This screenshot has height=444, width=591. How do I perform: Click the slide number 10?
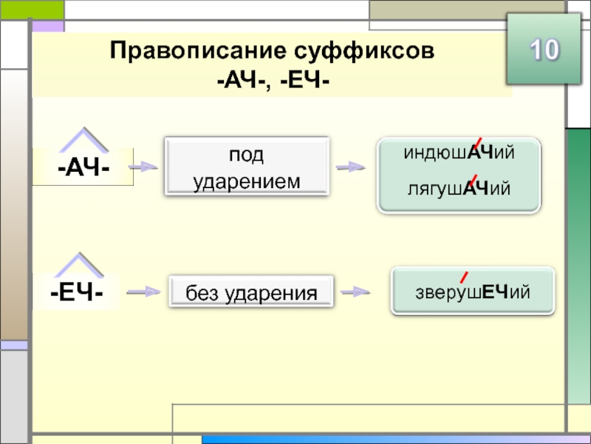(x=544, y=50)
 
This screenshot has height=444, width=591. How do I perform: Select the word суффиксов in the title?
(x=364, y=50)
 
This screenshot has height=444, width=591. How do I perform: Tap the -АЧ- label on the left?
(x=83, y=167)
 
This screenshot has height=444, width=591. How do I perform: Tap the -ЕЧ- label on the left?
(x=77, y=292)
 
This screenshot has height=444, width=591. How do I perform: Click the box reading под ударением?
(x=247, y=166)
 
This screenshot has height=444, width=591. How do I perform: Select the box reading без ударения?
(x=251, y=291)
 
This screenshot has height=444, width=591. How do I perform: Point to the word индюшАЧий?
(x=459, y=152)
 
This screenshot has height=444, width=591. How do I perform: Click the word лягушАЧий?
(x=459, y=188)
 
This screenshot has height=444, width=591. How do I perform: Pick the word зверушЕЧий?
(x=473, y=292)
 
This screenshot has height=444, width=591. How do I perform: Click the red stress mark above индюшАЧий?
(x=477, y=144)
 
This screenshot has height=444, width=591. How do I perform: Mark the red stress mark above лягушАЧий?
(x=473, y=181)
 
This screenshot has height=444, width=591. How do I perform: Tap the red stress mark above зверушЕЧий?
(x=464, y=277)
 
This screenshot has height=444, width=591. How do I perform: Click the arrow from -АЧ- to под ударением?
(x=143, y=166)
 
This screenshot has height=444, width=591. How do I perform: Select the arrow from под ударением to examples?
(x=350, y=166)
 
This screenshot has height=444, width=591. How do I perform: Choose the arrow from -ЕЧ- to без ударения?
(x=143, y=292)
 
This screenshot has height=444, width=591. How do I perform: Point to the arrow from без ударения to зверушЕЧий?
(x=355, y=292)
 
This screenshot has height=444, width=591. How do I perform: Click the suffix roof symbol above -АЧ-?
(x=84, y=140)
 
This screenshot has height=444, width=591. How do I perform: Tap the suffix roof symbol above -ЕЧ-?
(x=79, y=265)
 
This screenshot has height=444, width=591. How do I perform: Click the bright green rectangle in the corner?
(x=32, y=10)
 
